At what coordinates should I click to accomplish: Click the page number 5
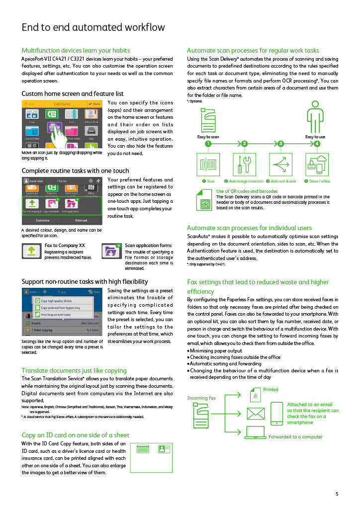tap(337, 494)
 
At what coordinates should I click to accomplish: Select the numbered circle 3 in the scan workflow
tap(281, 144)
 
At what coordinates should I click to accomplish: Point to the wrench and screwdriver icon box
tap(245, 165)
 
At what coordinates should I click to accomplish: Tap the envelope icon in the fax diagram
tap(256, 413)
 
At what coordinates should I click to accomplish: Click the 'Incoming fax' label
tap(201, 398)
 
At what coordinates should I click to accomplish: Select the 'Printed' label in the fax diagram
tap(270, 390)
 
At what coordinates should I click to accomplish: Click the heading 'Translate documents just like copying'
tap(74, 370)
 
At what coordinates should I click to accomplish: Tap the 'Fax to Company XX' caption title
tap(65, 246)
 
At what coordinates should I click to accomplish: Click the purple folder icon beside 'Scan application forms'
tap(111, 251)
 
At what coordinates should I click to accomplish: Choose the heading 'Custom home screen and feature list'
tap(73, 93)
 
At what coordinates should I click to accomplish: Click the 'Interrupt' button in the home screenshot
tap(81, 220)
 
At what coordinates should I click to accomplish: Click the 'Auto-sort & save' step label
tap(283, 181)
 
